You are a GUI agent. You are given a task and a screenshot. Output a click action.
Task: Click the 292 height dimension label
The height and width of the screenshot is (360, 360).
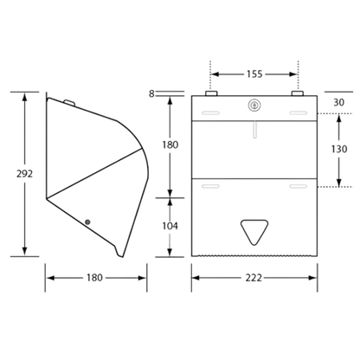point(24,174)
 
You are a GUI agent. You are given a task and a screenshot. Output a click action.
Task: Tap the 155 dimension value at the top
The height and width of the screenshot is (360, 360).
point(254,74)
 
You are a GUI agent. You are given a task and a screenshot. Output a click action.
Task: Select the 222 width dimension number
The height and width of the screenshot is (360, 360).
point(254,278)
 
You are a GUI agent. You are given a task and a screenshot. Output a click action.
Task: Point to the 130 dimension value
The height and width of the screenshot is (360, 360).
point(339,149)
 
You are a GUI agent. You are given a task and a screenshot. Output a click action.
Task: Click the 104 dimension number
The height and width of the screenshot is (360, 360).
point(170,226)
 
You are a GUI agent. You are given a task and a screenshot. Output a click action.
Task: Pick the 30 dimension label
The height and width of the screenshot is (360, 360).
point(339,102)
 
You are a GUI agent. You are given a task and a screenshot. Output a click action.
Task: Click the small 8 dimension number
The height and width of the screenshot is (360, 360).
point(151,93)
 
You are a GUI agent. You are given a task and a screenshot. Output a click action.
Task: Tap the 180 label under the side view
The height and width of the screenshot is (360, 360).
point(94,278)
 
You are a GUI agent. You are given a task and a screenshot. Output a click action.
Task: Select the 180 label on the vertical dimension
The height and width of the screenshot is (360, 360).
point(170,145)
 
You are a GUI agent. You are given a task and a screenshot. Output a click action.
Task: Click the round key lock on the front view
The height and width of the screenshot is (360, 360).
point(254,106)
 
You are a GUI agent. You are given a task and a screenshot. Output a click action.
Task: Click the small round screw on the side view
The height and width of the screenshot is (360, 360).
point(87,222)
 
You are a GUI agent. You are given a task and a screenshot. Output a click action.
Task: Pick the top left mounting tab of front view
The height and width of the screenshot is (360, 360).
point(211,93)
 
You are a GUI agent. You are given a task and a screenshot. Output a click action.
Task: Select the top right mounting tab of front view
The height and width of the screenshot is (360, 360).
point(298,93)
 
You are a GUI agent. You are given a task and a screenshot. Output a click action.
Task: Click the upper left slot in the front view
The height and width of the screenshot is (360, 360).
point(210,112)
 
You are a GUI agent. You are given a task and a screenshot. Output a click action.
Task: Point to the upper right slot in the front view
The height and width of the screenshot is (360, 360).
point(299,112)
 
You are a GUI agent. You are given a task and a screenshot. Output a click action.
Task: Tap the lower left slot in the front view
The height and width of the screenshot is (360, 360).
point(210,186)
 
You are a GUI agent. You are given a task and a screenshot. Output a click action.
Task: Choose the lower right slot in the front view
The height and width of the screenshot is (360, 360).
point(299,186)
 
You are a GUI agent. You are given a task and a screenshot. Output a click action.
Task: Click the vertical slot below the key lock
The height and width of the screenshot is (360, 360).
point(254,130)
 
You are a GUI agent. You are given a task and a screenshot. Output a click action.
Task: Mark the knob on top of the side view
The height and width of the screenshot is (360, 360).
point(69,102)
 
